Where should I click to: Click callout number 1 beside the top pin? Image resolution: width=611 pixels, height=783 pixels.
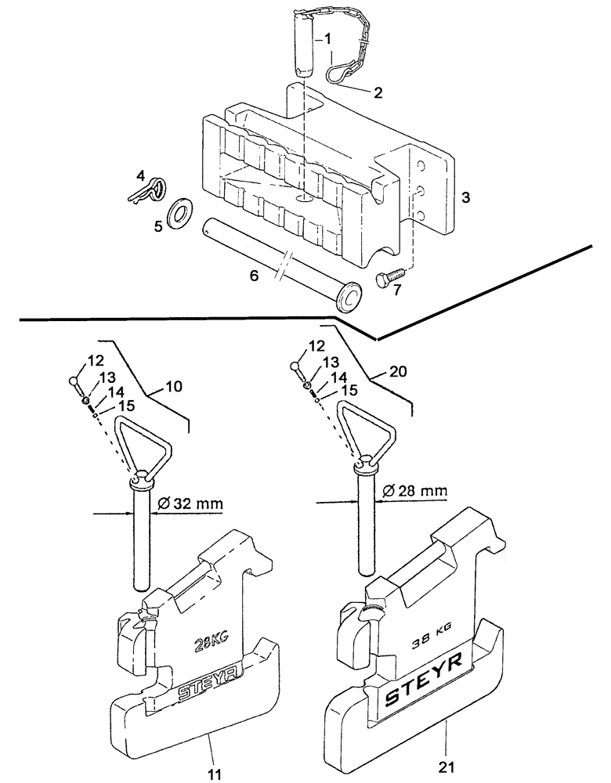click(x=328, y=38)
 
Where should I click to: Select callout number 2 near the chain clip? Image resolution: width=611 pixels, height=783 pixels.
click(x=378, y=93)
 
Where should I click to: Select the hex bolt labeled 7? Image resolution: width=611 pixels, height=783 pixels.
click(x=389, y=280)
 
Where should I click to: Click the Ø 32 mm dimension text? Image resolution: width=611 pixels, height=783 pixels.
click(x=191, y=505)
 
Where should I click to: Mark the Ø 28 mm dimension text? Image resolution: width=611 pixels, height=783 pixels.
click(x=415, y=491)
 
